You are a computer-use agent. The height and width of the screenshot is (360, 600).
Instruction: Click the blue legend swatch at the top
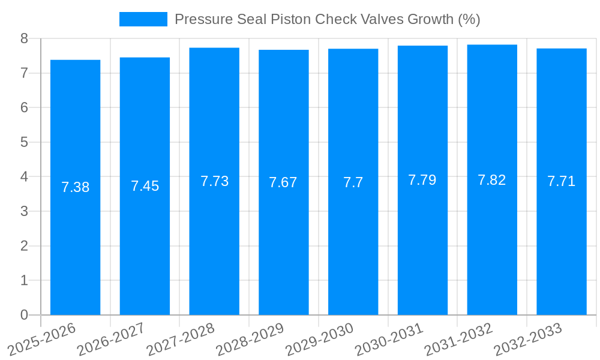click(x=143, y=19)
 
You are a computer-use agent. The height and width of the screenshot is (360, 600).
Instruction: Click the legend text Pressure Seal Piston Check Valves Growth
click(x=327, y=19)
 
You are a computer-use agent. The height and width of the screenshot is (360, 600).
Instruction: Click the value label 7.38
click(x=75, y=187)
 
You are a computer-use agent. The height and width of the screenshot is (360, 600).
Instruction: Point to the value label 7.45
click(x=145, y=186)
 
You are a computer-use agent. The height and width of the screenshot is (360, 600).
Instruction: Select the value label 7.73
click(x=214, y=181)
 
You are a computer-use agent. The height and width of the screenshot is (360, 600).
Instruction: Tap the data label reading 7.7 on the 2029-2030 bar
click(x=353, y=182)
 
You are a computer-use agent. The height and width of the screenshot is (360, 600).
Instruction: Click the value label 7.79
click(x=422, y=180)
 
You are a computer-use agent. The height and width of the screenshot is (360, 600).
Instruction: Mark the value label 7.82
click(x=492, y=180)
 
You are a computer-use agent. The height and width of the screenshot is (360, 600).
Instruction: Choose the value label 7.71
click(x=561, y=181)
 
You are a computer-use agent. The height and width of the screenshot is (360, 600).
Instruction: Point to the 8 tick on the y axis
click(x=24, y=38)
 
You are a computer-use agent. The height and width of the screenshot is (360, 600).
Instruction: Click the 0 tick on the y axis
click(x=24, y=315)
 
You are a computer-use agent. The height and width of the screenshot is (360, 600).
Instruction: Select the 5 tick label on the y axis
click(x=24, y=142)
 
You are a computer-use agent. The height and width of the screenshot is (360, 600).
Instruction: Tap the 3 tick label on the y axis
click(x=24, y=211)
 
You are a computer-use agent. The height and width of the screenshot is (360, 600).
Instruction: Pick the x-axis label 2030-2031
click(x=389, y=339)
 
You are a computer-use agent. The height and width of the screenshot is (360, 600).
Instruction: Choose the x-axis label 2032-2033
click(x=528, y=339)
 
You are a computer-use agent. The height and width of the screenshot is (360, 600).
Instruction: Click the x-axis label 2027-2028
click(x=182, y=339)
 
